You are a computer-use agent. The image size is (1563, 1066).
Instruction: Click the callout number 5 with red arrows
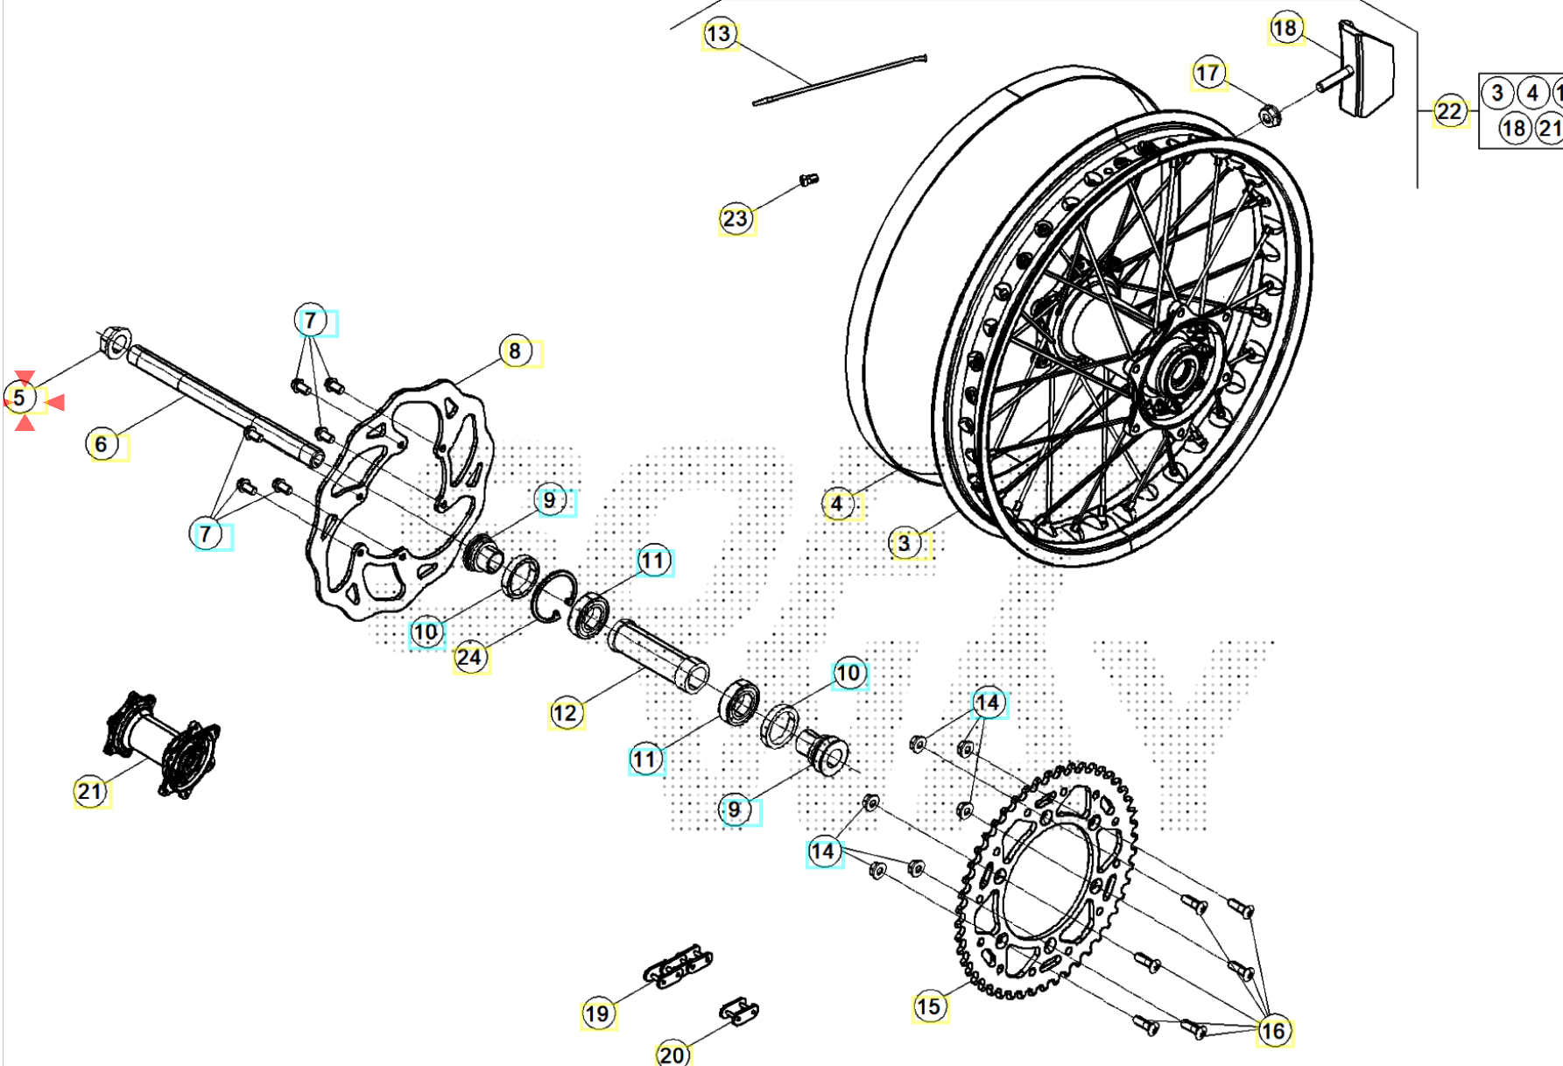tap(20, 399)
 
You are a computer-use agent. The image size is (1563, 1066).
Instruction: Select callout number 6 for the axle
tap(102, 444)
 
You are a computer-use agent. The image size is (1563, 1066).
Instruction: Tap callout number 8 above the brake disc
tap(515, 351)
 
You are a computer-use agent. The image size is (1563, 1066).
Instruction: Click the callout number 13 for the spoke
tap(718, 34)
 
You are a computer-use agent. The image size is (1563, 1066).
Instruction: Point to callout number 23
tap(736, 218)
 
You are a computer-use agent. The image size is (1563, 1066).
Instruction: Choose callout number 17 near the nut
tap(1207, 73)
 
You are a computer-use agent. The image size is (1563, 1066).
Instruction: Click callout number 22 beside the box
tap(1449, 111)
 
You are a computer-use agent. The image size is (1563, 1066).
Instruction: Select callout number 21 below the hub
tap(89, 792)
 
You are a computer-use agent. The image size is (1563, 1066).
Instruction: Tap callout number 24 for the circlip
tap(469, 657)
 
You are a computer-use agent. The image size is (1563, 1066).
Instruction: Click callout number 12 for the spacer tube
tap(565, 713)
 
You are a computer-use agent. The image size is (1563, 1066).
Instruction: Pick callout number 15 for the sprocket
tap(928, 1006)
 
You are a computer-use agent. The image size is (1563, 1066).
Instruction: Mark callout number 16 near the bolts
tap(1273, 1031)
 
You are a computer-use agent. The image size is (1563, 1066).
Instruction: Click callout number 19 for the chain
tap(597, 1014)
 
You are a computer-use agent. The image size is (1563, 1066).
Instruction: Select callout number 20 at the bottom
tap(672, 1054)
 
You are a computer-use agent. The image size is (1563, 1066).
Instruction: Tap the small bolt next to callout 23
tap(808, 180)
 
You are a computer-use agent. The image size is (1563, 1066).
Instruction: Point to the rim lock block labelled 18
tap(1366, 68)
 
